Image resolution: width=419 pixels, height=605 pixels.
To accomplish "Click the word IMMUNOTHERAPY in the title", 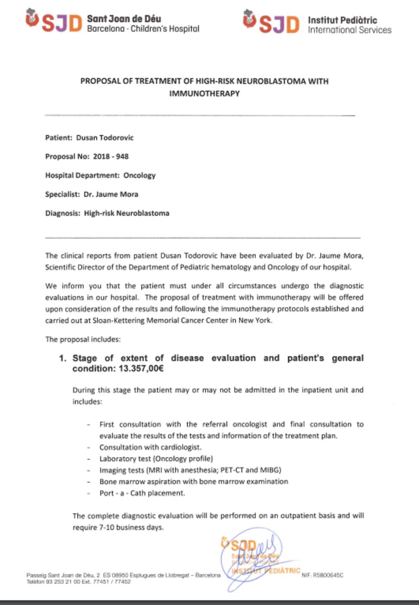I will click(x=204, y=93).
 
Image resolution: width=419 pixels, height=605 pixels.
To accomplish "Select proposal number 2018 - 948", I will click(x=111, y=156).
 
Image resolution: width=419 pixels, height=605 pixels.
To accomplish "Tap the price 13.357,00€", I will click(x=141, y=369).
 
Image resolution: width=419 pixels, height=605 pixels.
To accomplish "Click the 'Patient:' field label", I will click(x=59, y=138).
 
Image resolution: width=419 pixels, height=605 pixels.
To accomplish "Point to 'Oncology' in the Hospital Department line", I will click(x=139, y=175).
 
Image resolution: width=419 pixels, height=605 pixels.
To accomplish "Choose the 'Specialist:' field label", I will click(x=62, y=194).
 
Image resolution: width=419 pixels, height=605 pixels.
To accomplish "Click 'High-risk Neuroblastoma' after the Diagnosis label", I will click(x=127, y=213).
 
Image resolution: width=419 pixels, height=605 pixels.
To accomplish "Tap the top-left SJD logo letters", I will click(x=61, y=23).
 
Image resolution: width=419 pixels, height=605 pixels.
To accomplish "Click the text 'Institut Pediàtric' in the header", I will click(x=342, y=20).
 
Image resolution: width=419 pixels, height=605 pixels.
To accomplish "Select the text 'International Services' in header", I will click(x=349, y=30).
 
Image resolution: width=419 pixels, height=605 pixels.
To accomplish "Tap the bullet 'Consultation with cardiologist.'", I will click(x=150, y=447).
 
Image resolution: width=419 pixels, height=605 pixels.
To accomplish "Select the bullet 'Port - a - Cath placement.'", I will click(x=142, y=493).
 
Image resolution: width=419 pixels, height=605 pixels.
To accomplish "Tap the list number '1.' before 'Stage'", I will click(x=63, y=358).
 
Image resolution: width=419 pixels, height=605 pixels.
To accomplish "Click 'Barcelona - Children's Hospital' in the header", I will click(x=143, y=29).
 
